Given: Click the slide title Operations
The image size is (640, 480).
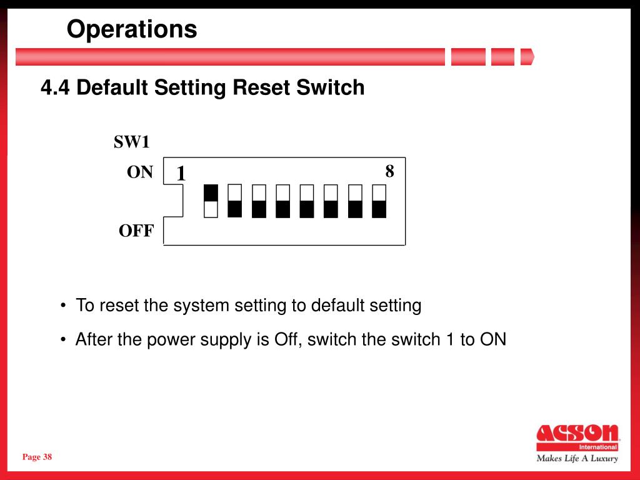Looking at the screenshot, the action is (132, 29).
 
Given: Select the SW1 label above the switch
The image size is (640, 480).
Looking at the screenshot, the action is (131, 142).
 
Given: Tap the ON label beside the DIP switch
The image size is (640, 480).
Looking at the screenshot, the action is (139, 172).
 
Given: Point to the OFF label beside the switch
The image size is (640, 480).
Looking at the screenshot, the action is (136, 231).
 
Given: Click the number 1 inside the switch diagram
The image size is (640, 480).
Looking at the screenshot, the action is (181, 174).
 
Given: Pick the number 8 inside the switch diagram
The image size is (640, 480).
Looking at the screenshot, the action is (390, 171).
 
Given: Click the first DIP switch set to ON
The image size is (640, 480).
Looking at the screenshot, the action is (211, 201).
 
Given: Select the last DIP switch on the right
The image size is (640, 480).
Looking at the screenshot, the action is (379, 201).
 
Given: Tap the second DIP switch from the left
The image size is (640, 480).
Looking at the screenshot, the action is (235, 201).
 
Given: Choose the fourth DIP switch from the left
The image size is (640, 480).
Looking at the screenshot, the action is (283, 201).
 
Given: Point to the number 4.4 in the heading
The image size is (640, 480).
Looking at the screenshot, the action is (55, 87).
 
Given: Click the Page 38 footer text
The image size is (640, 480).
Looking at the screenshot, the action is (37, 457).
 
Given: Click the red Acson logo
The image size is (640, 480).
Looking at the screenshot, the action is (577, 437).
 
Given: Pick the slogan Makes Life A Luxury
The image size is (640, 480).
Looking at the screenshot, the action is (577, 458).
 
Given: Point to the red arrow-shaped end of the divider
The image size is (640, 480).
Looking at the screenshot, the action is (527, 57).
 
